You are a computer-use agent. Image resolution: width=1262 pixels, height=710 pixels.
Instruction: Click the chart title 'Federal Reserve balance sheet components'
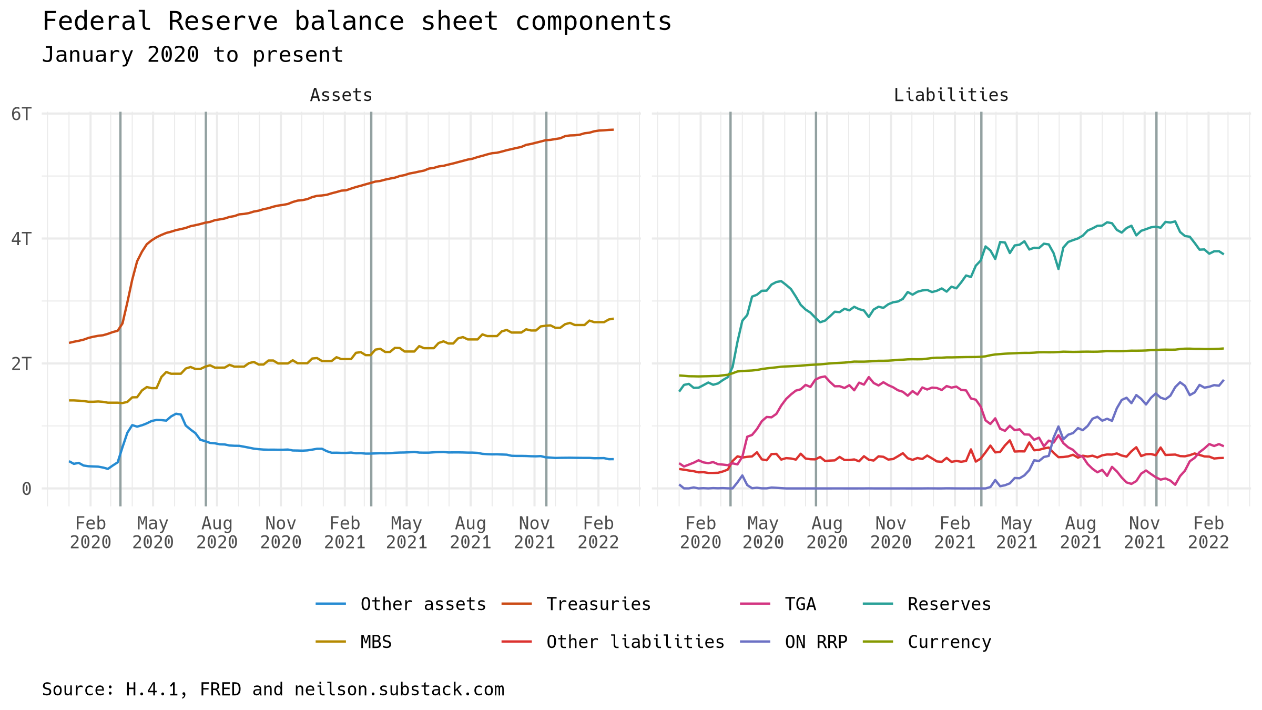click(357, 22)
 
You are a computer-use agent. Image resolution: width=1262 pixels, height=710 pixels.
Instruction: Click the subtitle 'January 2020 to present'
click(192, 55)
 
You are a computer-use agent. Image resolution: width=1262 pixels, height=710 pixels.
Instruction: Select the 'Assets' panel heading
click(341, 95)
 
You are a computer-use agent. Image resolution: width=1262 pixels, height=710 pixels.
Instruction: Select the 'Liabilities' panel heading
click(951, 95)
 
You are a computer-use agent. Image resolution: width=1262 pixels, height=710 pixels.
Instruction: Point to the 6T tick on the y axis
click(22, 114)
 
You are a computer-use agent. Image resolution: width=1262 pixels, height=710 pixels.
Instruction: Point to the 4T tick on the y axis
click(22, 239)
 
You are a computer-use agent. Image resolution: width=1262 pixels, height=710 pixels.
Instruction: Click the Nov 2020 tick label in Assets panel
click(281, 532)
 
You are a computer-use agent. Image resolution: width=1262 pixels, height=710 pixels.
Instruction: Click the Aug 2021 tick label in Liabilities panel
click(1081, 532)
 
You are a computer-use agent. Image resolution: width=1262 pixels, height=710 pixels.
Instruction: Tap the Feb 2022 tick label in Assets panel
click(598, 532)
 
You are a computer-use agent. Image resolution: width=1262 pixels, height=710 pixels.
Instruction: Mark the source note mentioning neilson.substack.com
click(273, 689)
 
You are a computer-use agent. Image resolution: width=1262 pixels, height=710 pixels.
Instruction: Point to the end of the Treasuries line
click(613, 129)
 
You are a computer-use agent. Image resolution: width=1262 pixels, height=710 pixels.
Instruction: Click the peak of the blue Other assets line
click(177, 413)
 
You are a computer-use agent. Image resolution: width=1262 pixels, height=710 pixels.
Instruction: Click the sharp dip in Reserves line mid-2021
click(1059, 269)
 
